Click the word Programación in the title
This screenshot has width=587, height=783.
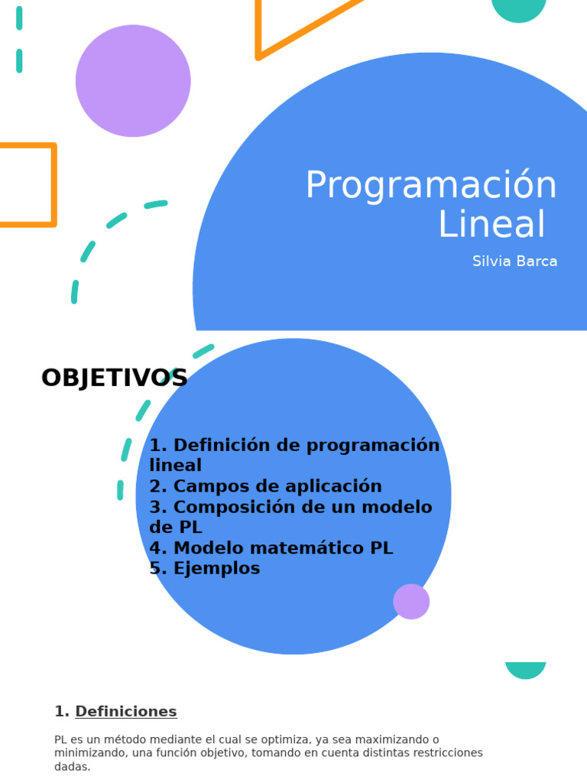431,187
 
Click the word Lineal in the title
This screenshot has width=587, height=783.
492,224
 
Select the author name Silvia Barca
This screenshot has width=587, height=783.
514,262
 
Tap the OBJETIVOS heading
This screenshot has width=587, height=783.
114,378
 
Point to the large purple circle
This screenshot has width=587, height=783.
133,81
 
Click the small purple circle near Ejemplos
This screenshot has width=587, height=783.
411,602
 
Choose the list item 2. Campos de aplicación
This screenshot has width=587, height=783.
265,486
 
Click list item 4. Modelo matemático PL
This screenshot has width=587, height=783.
271,548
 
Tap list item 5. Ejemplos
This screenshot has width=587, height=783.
205,569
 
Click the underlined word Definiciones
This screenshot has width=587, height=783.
126,712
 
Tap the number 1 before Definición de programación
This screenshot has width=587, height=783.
156,445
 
